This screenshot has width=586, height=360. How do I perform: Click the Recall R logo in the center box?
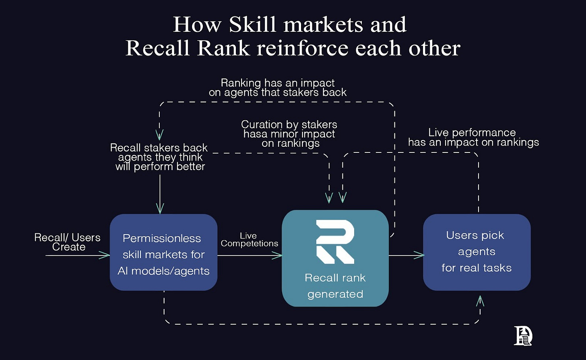point(335,242)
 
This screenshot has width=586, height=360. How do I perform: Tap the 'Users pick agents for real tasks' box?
point(477,252)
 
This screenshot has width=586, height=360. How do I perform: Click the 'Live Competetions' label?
point(249,240)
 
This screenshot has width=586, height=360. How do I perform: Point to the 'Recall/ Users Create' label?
point(68,242)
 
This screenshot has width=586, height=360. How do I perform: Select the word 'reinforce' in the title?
point(303,48)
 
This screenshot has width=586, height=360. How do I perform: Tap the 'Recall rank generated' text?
point(335,286)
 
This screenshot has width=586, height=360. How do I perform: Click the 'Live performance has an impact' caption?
point(473,138)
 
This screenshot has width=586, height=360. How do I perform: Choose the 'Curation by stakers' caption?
point(289,134)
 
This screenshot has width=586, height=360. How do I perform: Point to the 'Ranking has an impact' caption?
point(278,88)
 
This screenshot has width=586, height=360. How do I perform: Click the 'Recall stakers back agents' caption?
point(159,157)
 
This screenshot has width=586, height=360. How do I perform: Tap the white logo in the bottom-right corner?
point(523,335)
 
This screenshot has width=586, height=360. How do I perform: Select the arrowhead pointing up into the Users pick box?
point(480,300)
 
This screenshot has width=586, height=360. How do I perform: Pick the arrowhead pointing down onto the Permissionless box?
point(160,209)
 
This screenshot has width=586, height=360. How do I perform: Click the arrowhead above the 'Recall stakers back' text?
point(160,135)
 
